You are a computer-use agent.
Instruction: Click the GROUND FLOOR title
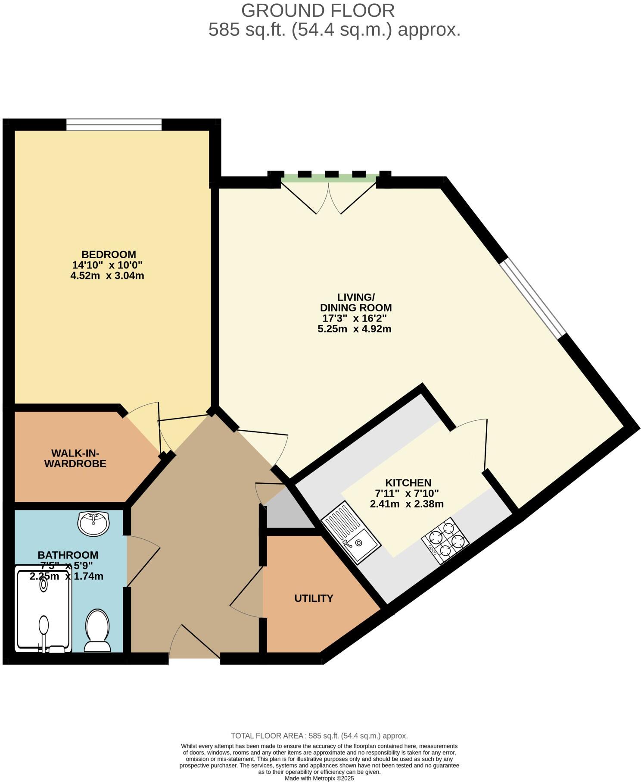click(317, 10)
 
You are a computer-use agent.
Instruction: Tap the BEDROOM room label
click(109, 254)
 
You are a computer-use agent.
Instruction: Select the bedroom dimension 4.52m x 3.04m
click(107, 275)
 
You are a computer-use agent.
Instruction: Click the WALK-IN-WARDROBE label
click(75, 458)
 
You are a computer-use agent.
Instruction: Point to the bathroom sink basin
click(93, 523)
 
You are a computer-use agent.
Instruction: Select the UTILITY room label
click(314, 598)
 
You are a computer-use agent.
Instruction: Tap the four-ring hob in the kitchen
click(445, 540)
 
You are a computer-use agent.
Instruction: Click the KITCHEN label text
click(408, 483)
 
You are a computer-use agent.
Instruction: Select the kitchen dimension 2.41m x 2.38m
click(407, 504)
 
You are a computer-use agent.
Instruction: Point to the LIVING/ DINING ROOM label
click(356, 302)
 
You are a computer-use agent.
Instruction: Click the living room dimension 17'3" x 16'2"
click(355, 319)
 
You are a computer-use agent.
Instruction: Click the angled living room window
click(533, 298)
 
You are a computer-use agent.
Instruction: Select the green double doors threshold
click(330, 178)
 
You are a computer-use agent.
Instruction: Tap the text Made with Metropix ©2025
click(319, 779)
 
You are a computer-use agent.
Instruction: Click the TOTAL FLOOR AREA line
click(319, 736)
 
